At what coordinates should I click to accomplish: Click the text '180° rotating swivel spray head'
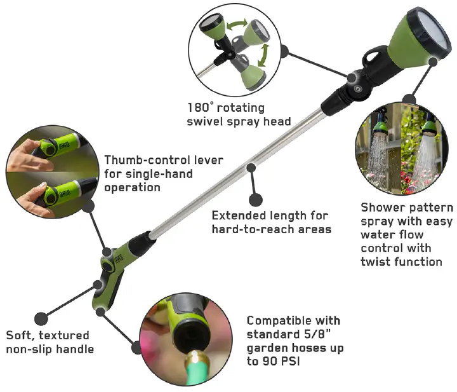click(x=238, y=114)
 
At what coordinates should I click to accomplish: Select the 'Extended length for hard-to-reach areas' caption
click(x=271, y=222)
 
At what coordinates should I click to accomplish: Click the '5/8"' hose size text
click(x=317, y=334)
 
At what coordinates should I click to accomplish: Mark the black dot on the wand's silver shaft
click(x=252, y=168)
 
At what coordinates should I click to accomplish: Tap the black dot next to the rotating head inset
click(x=284, y=50)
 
